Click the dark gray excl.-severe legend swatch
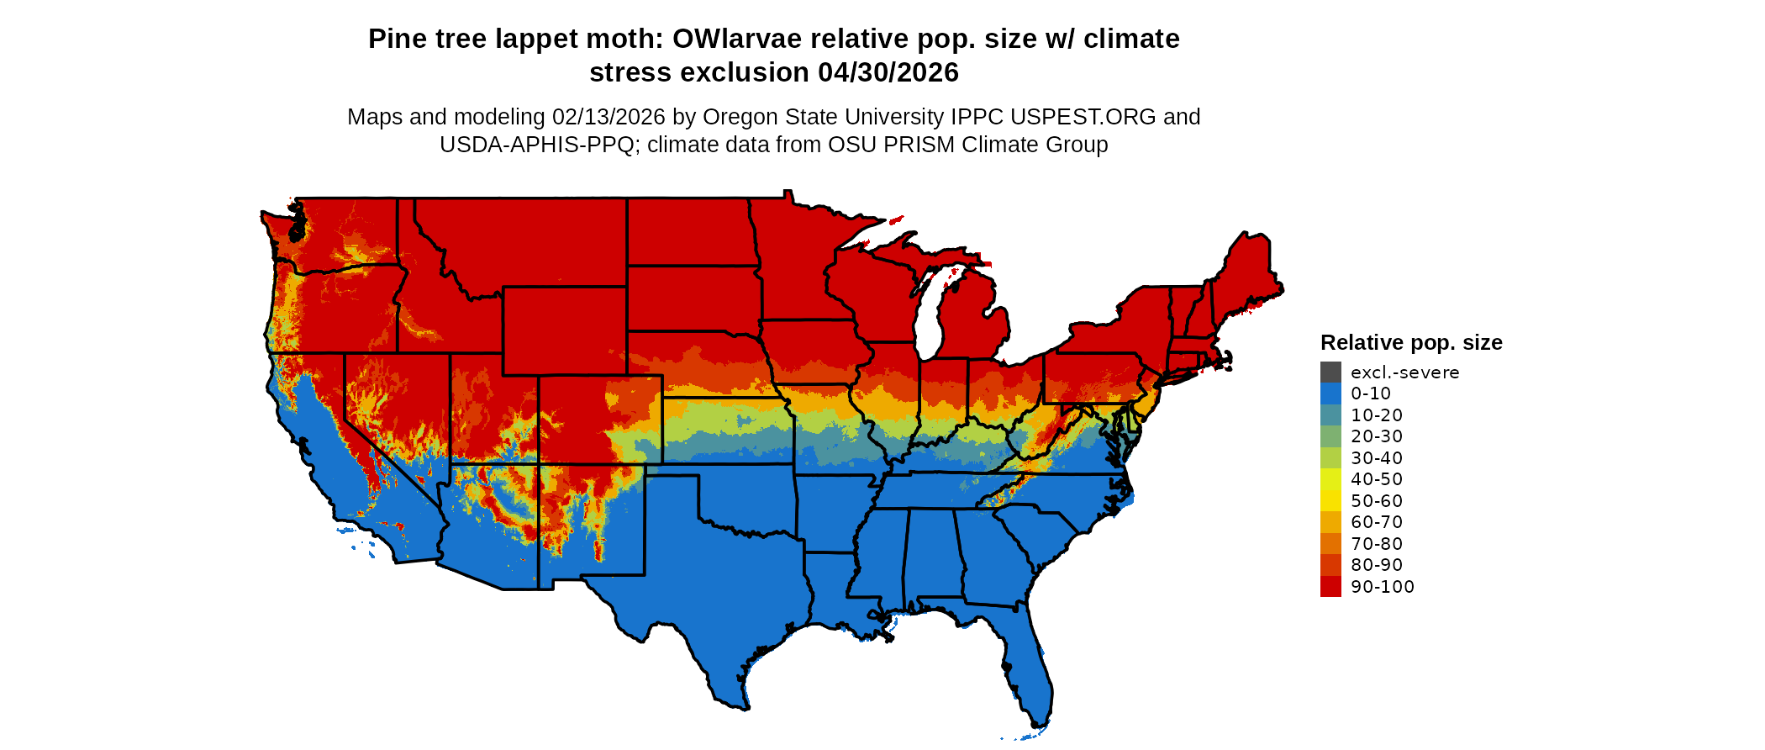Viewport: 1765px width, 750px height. (x=1330, y=372)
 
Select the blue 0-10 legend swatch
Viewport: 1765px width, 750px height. (x=1330, y=393)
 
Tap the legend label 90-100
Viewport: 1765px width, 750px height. (x=1382, y=587)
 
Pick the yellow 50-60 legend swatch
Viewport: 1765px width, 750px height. (x=1330, y=501)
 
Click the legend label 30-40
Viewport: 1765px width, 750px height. (x=1377, y=458)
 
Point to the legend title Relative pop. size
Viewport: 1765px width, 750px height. (x=1411, y=342)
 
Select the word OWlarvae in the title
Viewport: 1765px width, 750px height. (x=737, y=39)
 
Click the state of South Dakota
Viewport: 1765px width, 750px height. (x=693, y=298)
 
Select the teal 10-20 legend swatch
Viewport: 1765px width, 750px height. (x=1330, y=415)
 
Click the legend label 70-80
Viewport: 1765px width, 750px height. (x=1377, y=544)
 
